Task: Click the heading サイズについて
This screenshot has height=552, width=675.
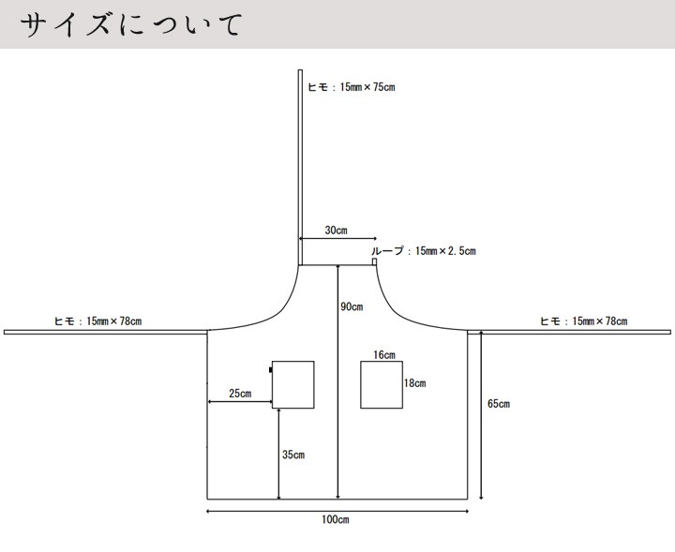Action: point(132,24)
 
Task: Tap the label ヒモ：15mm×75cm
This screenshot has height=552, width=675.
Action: point(352,87)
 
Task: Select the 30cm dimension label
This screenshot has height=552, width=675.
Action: point(336,231)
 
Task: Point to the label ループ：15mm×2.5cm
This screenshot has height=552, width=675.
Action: point(424,251)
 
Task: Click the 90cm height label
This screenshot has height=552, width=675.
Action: point(352,306)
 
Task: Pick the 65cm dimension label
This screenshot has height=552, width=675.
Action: point(499,404)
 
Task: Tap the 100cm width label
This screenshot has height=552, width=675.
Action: point(336,519)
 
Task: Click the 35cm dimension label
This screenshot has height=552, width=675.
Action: point(293,455)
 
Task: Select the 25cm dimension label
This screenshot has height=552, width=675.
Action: point(240,394)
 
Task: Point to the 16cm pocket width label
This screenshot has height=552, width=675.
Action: point(384,355)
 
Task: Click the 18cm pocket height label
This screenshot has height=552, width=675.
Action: point(415,383)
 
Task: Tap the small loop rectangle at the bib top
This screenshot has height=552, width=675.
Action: point(374,261)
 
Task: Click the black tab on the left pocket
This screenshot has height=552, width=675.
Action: point(270,369)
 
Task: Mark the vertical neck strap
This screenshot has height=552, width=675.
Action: point(301,168)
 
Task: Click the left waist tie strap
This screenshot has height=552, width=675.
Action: point(106,332)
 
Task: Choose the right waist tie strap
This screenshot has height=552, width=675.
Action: point(569,332)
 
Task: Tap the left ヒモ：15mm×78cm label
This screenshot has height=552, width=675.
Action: point(97,321)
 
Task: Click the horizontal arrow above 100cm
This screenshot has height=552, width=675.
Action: point(337,511)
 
